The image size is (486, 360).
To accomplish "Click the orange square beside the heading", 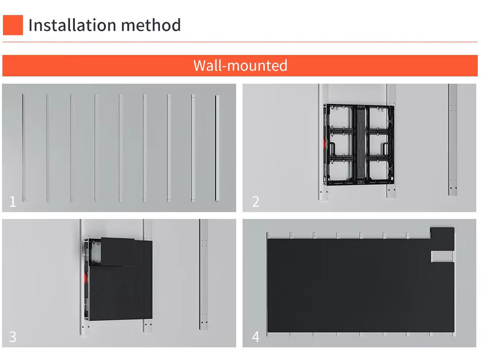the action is [13, 25].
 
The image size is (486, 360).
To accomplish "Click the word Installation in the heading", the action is [72, 25].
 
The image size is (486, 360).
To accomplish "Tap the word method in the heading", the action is [151, 25].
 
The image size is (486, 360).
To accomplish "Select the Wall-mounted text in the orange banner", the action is [240, 66].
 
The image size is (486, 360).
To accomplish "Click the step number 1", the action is [13, 202].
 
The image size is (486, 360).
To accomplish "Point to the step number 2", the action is [256, 202].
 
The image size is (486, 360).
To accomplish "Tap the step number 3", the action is [13, 337].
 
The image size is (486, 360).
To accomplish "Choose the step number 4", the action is [256, 337].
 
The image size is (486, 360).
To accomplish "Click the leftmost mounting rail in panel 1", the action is [23, 148].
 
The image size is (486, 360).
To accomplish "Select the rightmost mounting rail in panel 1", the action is [217, 148].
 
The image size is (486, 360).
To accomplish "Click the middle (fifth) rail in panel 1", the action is [120, 148].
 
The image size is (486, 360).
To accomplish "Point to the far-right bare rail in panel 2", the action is [452, 139].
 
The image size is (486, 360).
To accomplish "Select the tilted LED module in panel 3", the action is [118, 252].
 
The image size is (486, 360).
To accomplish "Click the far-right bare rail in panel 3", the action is [204, 274].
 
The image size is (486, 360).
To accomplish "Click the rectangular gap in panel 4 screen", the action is [442, 256].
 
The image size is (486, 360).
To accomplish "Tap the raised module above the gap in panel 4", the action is [442, 239].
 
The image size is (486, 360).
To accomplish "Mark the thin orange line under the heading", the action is [240, 42].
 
